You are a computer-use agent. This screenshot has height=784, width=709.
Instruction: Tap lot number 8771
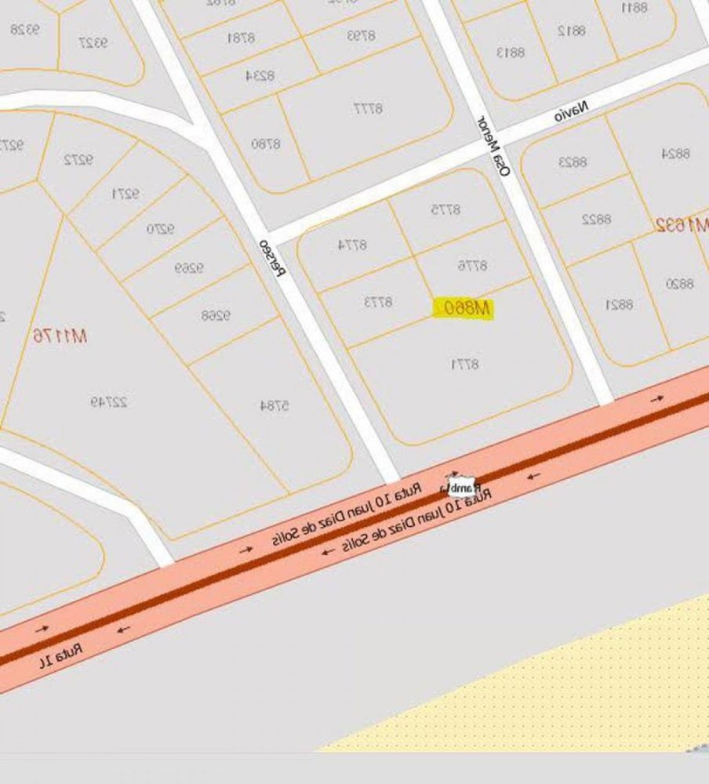tap(464, 364)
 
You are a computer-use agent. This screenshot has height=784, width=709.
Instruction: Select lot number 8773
tap(377, 301)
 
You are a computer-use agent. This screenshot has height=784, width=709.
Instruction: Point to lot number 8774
tap(352, 245)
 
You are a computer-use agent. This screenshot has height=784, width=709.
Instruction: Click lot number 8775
tap(445, 209)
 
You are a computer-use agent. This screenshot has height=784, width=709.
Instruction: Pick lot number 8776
tap(472, 265)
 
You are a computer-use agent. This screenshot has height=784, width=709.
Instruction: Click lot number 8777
tap(367, 108)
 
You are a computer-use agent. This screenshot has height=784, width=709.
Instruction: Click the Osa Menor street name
tap(493, 146)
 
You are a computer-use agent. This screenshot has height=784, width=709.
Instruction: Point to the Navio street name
tap(571, 111)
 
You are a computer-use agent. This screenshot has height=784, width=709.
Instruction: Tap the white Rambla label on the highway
tap(461, 487)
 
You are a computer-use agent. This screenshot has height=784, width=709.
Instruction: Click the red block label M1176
tap(60, 336)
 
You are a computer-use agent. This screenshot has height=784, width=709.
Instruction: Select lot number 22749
tap(108, 402)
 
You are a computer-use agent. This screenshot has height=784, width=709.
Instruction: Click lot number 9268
tap(216, 316)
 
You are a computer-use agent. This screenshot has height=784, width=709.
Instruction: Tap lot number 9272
tap(78, 159)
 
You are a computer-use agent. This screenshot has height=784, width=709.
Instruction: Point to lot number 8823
tap(573, 162)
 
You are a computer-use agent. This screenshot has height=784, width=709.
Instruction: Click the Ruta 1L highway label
tap(60, 655)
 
